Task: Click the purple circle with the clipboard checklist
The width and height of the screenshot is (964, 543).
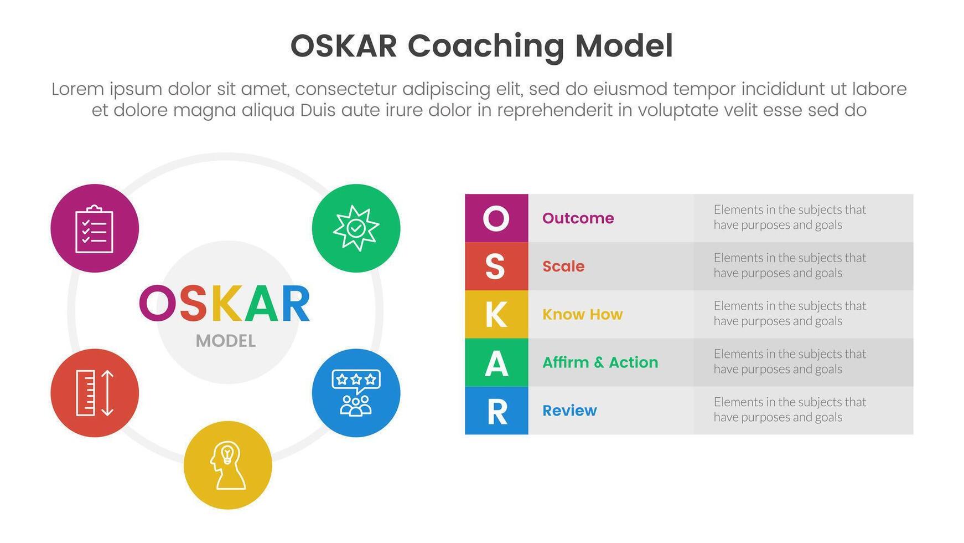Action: tap(95, 228)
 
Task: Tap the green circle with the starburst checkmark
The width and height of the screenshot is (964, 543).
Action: tap(356, 228)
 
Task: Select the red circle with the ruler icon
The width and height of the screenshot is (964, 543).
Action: tap(95, 393)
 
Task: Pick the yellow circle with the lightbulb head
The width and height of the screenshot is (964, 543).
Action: tap(227, 465)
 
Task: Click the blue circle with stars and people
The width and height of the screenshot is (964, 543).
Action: tap(356, 393)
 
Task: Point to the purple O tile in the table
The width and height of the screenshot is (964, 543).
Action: tap(496, 218)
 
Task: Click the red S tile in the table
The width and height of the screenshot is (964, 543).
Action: tap(496, 266)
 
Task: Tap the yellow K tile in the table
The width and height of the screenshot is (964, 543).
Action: tap(496, 314)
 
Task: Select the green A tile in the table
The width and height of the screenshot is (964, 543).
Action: tap(496, 362)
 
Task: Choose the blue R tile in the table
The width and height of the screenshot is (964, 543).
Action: tap(496, 411)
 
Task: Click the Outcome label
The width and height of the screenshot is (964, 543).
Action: tap(578, 218)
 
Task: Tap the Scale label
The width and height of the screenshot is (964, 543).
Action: tap(563, 267)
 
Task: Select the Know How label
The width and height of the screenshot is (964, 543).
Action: tap(582, 315)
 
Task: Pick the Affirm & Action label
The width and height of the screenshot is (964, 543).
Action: tap(600, 362)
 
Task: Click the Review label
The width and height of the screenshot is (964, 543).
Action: tap(569, 411)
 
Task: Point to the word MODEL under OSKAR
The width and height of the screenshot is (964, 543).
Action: tap(226, 341)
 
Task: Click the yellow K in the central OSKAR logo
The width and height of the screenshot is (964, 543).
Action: tap(225, 304)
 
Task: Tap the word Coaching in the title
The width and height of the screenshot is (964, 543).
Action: tap(485, 46)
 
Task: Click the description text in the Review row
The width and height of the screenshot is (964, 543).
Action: tap(789, 410)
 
